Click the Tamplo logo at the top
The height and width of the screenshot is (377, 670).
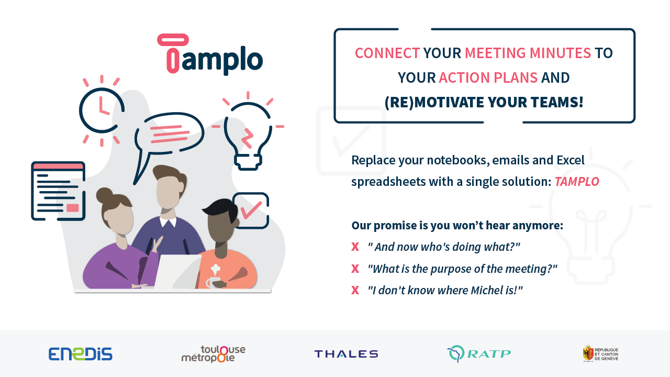point(210,54)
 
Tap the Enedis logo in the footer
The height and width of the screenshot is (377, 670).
point(81,354)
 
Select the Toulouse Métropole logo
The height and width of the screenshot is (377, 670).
point(214,354)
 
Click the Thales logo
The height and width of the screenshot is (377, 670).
point(346,354)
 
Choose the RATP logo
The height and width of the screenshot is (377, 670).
point(479,354)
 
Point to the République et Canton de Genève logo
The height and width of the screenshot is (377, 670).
point(600,353)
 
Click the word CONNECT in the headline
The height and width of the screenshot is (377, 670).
point(387,53)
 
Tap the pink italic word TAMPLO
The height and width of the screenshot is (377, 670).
point(577,182)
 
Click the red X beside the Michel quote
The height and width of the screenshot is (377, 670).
point(355,290)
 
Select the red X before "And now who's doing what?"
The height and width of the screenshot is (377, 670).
point(355,247)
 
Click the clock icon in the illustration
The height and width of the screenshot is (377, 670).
point(101,110)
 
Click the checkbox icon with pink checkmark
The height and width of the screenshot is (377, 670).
point(251,210)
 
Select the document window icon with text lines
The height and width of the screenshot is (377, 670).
point(58,191)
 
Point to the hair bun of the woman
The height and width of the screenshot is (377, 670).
point(104,196)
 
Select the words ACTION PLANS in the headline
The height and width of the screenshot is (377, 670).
point(488,77)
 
